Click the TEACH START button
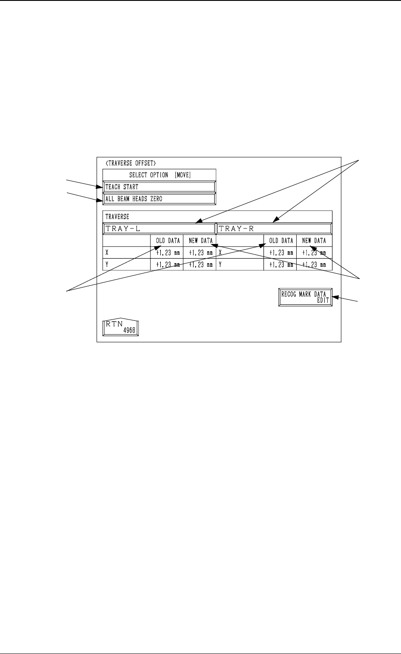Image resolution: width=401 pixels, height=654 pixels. [x=159, y=187]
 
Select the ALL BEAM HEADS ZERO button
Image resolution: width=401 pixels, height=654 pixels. [x=159, y=199]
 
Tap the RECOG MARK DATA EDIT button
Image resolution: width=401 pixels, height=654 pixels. [x=305, y=297]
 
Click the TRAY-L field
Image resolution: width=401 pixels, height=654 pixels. [x=159, y=228]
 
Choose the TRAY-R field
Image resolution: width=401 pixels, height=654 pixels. [x=274, y=228]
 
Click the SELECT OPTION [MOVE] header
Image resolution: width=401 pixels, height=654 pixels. [x=160, y=175]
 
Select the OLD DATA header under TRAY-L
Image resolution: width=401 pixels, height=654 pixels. [x=168, y=241]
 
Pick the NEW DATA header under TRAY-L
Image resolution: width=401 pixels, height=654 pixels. [x=200, y=241]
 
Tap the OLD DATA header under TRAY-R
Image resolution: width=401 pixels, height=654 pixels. [x=281, y=241]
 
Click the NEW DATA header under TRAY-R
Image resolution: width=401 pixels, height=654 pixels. [x=314, y=241]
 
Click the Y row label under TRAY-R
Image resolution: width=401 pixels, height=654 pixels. [x=220, y=265]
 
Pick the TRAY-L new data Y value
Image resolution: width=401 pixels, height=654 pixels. [x=200, y=265]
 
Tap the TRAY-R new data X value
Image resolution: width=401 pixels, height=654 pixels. [x=314, y=253]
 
